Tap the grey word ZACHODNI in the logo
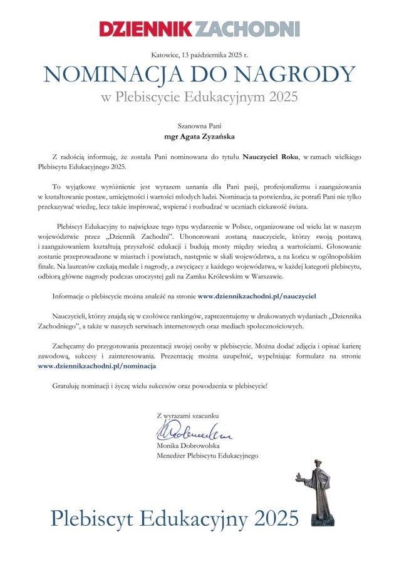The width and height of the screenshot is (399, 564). (247, 28)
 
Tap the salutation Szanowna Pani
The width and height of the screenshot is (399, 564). (199, 124)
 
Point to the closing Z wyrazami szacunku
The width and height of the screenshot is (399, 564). (188, 415)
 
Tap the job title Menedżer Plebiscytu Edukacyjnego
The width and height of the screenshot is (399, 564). (207, 456)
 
